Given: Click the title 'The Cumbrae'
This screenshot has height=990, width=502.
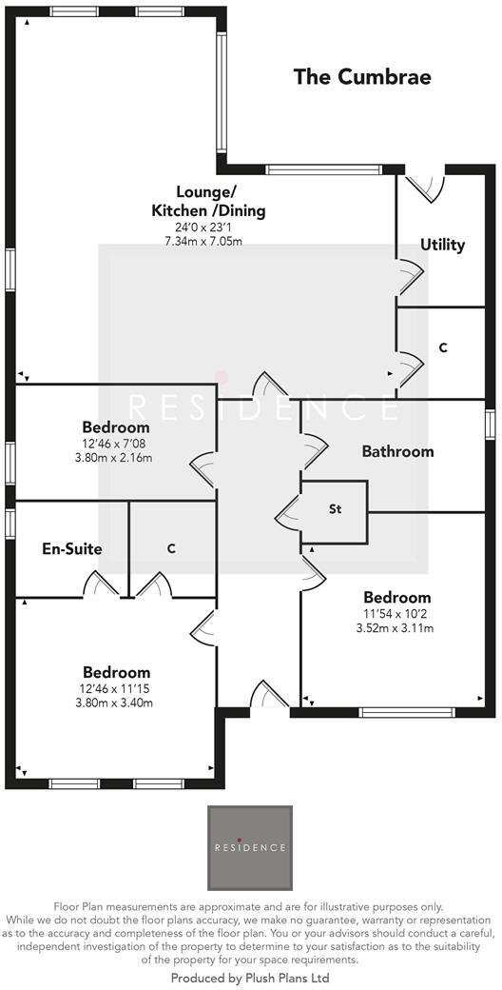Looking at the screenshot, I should pos(361,77).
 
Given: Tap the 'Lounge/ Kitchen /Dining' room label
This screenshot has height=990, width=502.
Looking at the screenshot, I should pos(207,201).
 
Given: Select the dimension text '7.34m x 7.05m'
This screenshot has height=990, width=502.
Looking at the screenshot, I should pos(203,241).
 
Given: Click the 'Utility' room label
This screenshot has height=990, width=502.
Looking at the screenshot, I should pos(443,245).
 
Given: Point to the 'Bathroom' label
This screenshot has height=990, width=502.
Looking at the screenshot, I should pos(397,451).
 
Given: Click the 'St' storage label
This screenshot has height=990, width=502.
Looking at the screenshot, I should pos(335,509).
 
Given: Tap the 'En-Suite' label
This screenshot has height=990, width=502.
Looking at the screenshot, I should pos(72,548).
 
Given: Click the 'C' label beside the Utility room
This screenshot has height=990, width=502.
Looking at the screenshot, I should pos(443,348).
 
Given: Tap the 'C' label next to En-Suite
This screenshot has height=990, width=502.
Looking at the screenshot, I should pos(171,548).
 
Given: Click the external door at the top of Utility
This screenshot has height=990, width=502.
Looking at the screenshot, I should pos(424,184).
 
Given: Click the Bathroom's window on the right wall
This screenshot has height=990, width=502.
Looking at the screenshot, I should pos(490,424).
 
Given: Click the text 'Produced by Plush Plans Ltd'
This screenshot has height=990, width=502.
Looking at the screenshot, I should pos(250,978).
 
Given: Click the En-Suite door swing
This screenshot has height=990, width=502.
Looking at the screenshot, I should pos(99,584).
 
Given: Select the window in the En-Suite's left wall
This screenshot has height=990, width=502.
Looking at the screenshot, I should pos(10,523).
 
